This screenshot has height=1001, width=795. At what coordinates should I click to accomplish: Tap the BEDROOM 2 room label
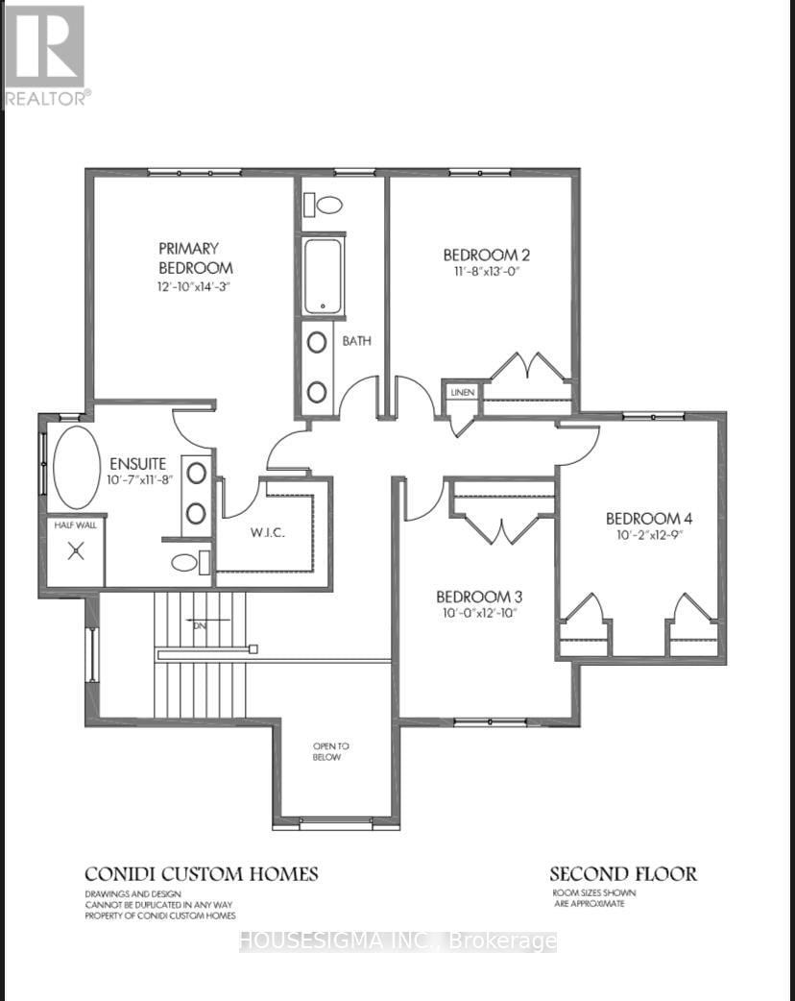(487, 255)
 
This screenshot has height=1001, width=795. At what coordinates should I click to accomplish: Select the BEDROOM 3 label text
(479, 596)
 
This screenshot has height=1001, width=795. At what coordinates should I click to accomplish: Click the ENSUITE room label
(138, 462)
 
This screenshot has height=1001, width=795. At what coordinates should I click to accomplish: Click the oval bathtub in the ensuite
(77, 468)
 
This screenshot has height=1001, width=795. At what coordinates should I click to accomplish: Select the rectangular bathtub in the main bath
(324, 277)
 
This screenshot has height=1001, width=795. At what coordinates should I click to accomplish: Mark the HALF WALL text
(73, 523)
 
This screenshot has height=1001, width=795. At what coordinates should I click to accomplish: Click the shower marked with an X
(74, 551)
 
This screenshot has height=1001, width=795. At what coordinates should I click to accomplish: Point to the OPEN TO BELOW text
(327, 751)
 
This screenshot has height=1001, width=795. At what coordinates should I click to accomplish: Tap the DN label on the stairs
(200, 625)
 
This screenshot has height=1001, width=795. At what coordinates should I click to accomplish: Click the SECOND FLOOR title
(623, 873)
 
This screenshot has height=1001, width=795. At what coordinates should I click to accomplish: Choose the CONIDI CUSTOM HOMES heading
(201, 873)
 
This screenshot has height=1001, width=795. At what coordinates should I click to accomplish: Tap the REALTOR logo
(45, 55)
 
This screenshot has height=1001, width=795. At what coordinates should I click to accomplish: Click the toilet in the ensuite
(190, 563)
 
